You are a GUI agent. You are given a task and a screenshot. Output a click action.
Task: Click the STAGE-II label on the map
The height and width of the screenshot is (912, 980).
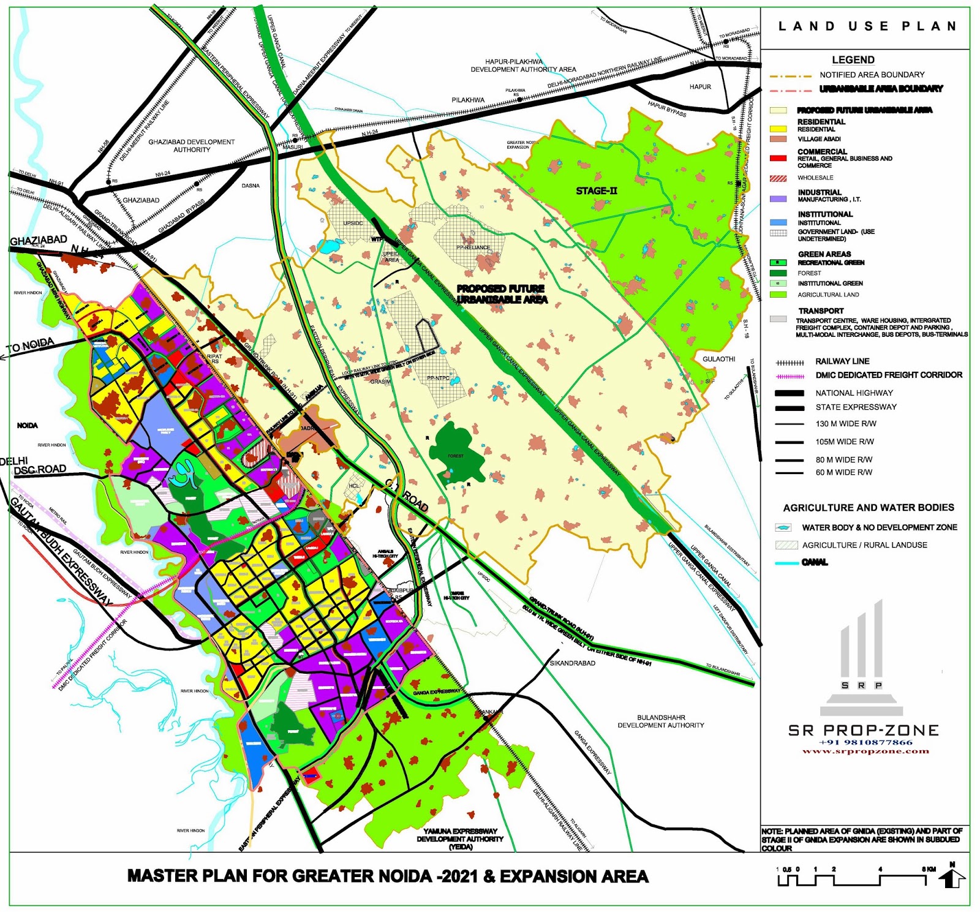pos(596,191)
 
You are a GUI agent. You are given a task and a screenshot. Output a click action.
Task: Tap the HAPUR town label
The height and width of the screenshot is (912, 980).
pos(700,87)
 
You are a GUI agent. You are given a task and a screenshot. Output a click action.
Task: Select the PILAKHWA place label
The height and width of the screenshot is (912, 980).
pos(468,100)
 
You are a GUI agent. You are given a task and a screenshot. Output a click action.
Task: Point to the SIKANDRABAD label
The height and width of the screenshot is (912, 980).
pos(572,663)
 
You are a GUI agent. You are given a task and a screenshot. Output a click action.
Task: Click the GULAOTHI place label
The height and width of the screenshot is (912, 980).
pos(718,359)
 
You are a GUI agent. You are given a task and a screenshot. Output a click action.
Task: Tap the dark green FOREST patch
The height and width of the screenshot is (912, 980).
pos(456,450)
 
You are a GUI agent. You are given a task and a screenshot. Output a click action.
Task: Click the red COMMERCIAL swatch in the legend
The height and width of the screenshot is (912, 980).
pos(778,158)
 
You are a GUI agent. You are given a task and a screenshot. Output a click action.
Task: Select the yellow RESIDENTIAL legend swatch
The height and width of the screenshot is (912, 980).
pos(778,129)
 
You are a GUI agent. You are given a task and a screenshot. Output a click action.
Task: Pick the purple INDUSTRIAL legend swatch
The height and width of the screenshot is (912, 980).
pos(778,199)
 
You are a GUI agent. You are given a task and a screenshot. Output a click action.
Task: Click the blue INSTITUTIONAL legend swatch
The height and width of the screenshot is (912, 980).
pos(778,222)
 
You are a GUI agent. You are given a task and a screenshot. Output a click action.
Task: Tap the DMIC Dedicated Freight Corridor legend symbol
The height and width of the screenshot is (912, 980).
pos(790,376)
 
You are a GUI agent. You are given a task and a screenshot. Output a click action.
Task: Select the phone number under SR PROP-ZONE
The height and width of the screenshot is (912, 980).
pos(865,742)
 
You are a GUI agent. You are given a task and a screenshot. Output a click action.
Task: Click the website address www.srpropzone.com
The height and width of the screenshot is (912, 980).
pos(865,751)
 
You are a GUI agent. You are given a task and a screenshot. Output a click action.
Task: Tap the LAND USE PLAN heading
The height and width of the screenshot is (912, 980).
pos(867,26)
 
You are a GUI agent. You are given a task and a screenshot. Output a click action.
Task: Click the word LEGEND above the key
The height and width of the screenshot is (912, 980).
pos(853,60)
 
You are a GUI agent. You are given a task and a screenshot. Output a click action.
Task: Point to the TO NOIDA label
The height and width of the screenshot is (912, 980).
pos(30,346)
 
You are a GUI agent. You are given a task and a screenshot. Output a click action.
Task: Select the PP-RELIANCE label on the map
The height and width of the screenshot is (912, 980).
pos(473,247)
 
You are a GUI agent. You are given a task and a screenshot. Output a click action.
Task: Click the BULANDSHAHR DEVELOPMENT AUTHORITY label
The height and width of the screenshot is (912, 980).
pos(660,721)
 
